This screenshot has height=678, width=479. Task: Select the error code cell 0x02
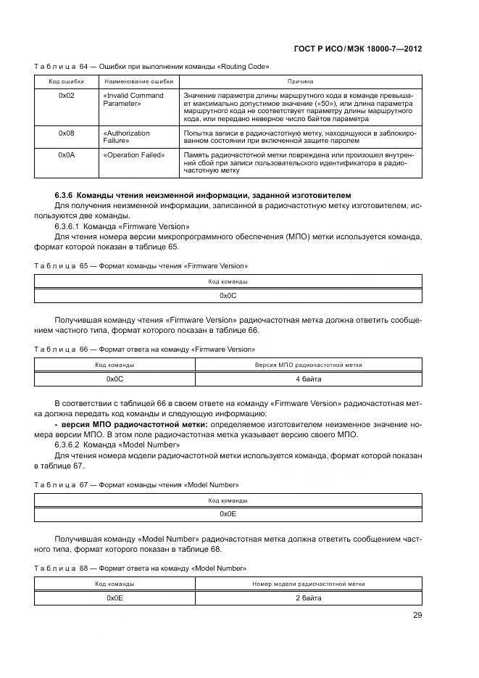pyautogui.click(x=67, y=96)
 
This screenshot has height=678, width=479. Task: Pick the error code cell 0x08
pyautogui.click(x=67, y=133)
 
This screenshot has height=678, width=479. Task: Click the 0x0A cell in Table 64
pyautogui.click(x=67, y=155)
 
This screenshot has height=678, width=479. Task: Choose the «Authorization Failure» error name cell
pyautogui.click(x=128, y=137)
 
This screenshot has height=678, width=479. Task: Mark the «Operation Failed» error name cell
pyautogui.click(x=135, y=155)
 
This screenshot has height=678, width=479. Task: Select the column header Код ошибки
pyautogui.click(x=67, y=81)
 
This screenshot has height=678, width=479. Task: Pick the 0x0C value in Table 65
pyautogui.click(x=228, y=296)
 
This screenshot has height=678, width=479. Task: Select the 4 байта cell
pyautogui.click(x=308, y=379)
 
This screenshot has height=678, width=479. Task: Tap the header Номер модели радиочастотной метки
pyautogui.click(x=308, y=584)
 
